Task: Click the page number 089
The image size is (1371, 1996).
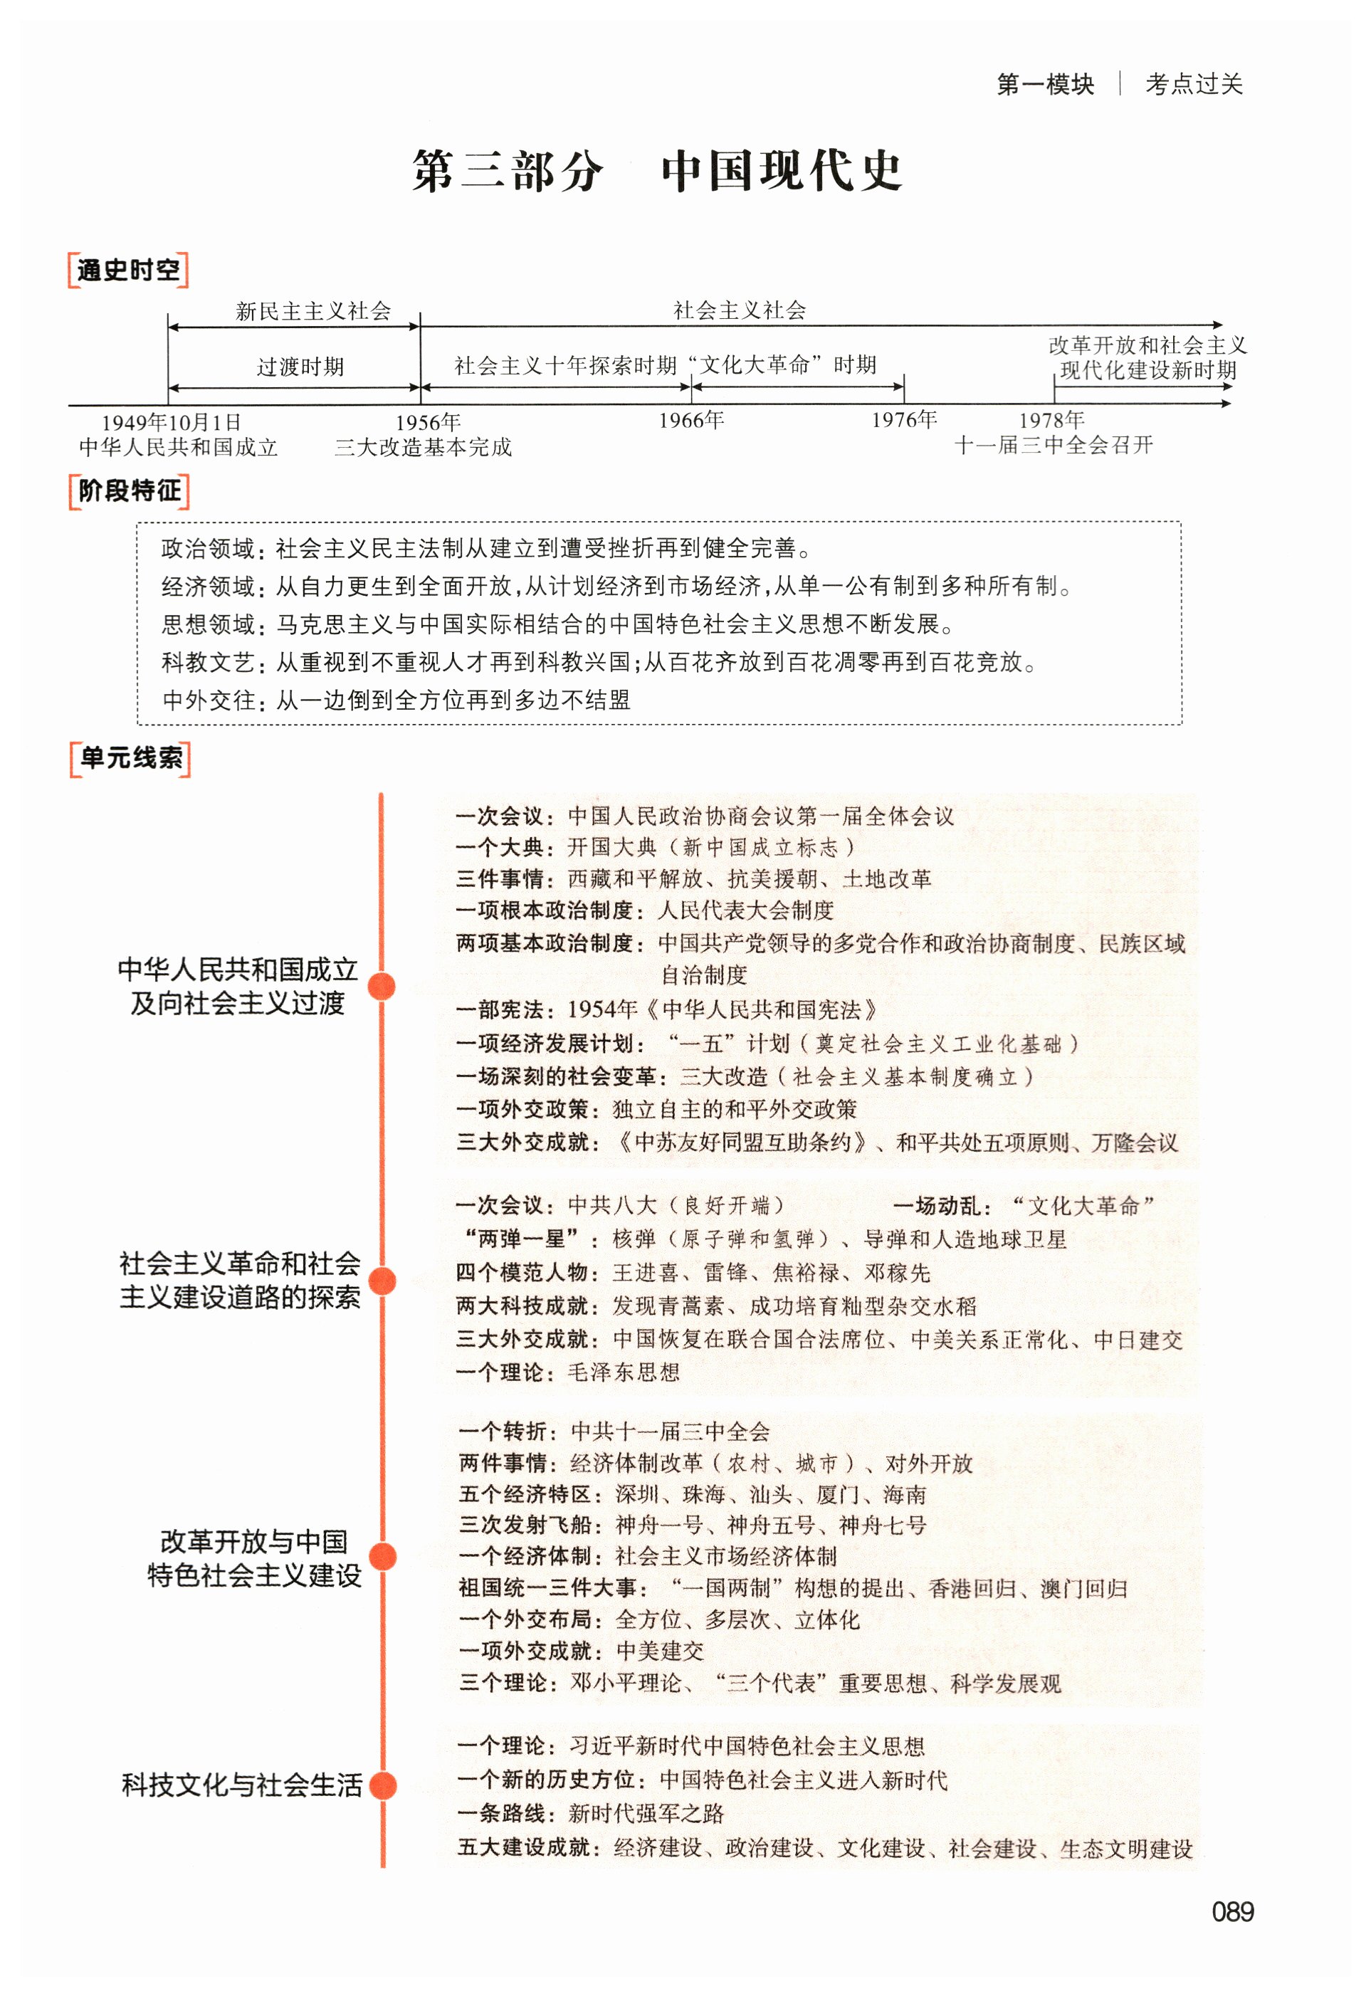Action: pos(1232,1912)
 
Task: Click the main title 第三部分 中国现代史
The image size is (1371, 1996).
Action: pos(657,170)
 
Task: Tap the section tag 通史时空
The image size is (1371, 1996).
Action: pos(128,270)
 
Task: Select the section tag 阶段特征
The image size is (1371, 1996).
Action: pos(129,491)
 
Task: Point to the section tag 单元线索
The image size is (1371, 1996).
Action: pos(130,758)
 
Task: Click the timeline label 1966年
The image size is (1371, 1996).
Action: pos(691,420)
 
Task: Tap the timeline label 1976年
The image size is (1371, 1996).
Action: pos(904,420)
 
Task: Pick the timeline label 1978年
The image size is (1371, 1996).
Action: pos(1051,420)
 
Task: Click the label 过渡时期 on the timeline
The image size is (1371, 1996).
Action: pos(300,367)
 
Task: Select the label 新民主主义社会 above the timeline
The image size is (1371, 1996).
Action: pos(312,311)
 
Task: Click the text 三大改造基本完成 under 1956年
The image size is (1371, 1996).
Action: pos(423,448)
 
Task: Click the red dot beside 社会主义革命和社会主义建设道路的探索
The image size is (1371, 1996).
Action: pos(382,1281)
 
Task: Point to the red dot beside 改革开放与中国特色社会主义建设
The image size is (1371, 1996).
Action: pos(382,1556)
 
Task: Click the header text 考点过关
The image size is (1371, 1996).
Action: pos(1193,84)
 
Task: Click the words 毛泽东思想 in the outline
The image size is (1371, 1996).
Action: pos(624,1372)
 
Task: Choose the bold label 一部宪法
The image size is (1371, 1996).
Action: pos(500,1010)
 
